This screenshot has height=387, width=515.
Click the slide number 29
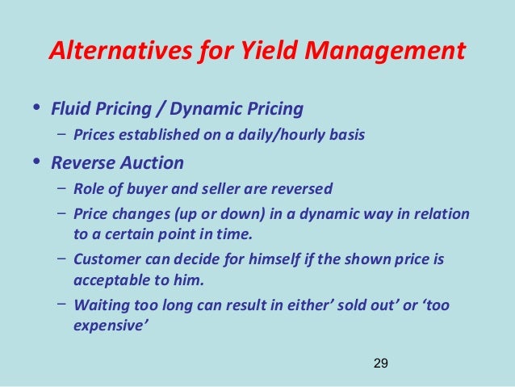click(x=380, y=364)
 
